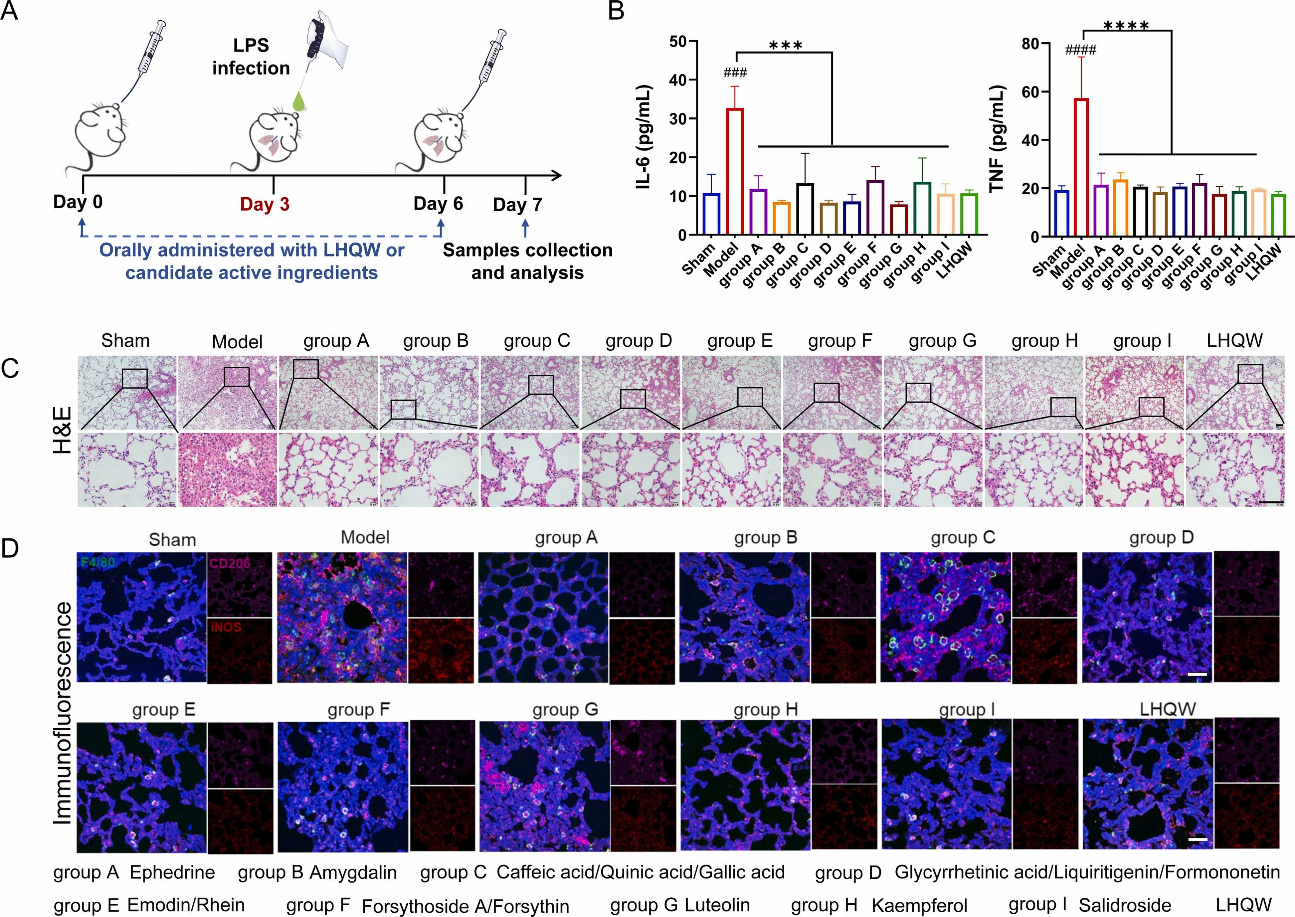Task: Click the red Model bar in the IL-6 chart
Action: click(734, 172)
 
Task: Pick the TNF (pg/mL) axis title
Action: click(998, 139)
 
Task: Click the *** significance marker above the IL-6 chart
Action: click(785, 45)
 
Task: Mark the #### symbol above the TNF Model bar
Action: click(1080, 51)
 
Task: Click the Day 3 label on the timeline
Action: click(264, 204)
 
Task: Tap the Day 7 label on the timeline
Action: click(517, 204)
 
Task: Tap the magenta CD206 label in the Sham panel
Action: click(230, 563)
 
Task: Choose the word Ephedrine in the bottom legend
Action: click(172, 873)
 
